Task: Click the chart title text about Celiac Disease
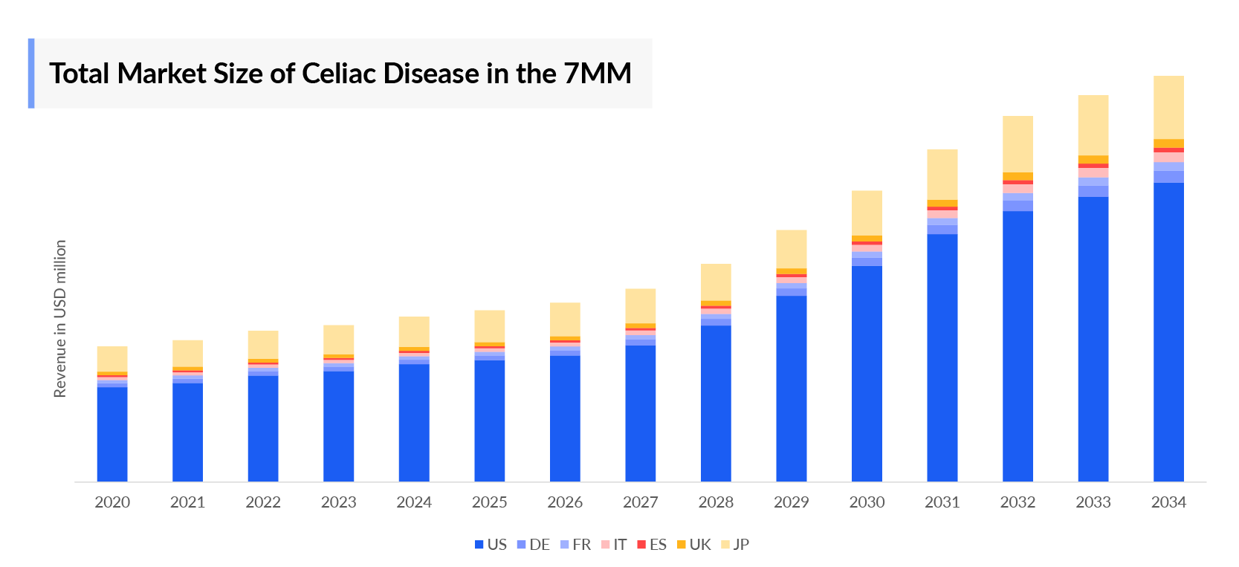(x=340, y=74)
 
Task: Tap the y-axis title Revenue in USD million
(x=60, y=318)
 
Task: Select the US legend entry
(x=491, y=545)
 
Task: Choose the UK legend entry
(x=694, y=545)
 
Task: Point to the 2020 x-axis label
(x=112, y=502)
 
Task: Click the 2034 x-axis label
(x=1168, y=502)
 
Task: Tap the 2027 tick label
(x=640, y=502)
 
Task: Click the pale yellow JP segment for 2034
(x=1168, y=107)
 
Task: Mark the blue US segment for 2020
(x=112, y=434)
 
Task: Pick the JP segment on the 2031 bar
(x=942, y=175)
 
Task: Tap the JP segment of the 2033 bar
(x=1093, y=125)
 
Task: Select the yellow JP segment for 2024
(x=414, y=331)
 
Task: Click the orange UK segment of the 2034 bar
(x=1168, y=143)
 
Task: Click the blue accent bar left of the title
(x=31, y=74)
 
